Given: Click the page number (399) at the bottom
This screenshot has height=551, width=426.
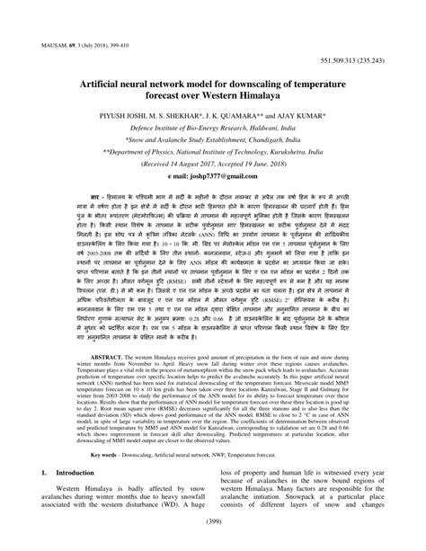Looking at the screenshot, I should coord(213,539).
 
